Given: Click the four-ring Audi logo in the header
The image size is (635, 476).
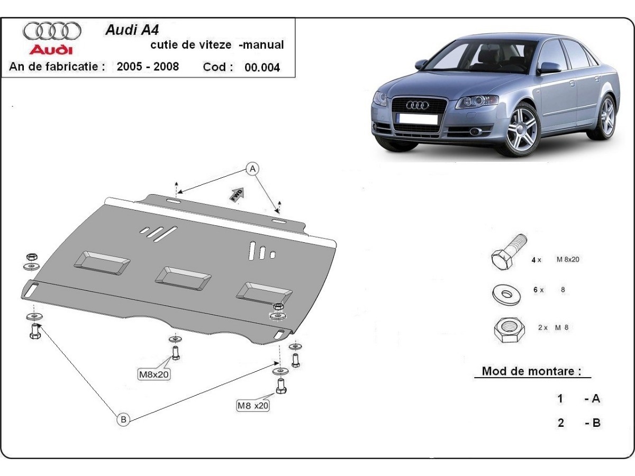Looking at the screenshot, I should [x=52, y=31].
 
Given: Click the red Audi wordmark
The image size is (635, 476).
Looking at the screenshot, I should [x=51, y=50].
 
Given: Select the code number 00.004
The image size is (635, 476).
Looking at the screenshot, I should [x=262, y=68].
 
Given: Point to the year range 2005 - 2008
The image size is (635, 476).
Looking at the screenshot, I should [x=148, y=67].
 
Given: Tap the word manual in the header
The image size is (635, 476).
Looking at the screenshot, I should [x=264, y=45].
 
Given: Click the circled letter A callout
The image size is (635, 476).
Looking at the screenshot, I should [x=253, y=169].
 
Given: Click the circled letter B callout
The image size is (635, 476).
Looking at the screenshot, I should [x=123, y=419].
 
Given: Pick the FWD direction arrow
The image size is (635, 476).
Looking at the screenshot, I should [x=237, y=194].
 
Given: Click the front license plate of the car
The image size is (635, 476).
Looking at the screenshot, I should [x=418, y=120].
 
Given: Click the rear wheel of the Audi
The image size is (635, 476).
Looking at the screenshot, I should [x=607, y=117].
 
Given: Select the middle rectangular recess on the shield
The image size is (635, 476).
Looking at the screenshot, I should [x=183, y=277].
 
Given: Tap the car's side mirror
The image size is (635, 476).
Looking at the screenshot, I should [x=549, y=68].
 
